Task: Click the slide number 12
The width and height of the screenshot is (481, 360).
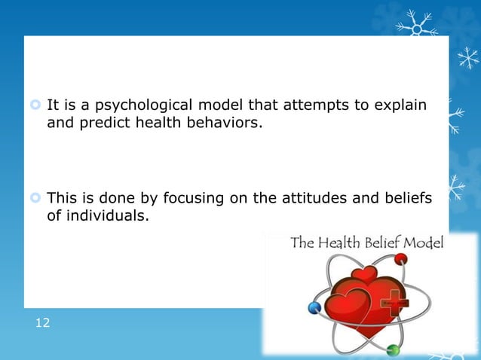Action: click(x=42, y=323)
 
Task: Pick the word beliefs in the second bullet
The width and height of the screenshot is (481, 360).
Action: click(x=407, y=199)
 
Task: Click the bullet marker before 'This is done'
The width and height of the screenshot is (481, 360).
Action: click(x=35, y=200)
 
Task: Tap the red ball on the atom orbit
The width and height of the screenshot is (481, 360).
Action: click(x=400, y=259)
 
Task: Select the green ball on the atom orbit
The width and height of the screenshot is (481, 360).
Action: click(x=391, y=349)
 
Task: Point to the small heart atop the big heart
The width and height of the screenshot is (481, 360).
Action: click(x=363, y=276)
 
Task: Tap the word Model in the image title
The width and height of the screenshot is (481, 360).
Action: click(x=424, y=243)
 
